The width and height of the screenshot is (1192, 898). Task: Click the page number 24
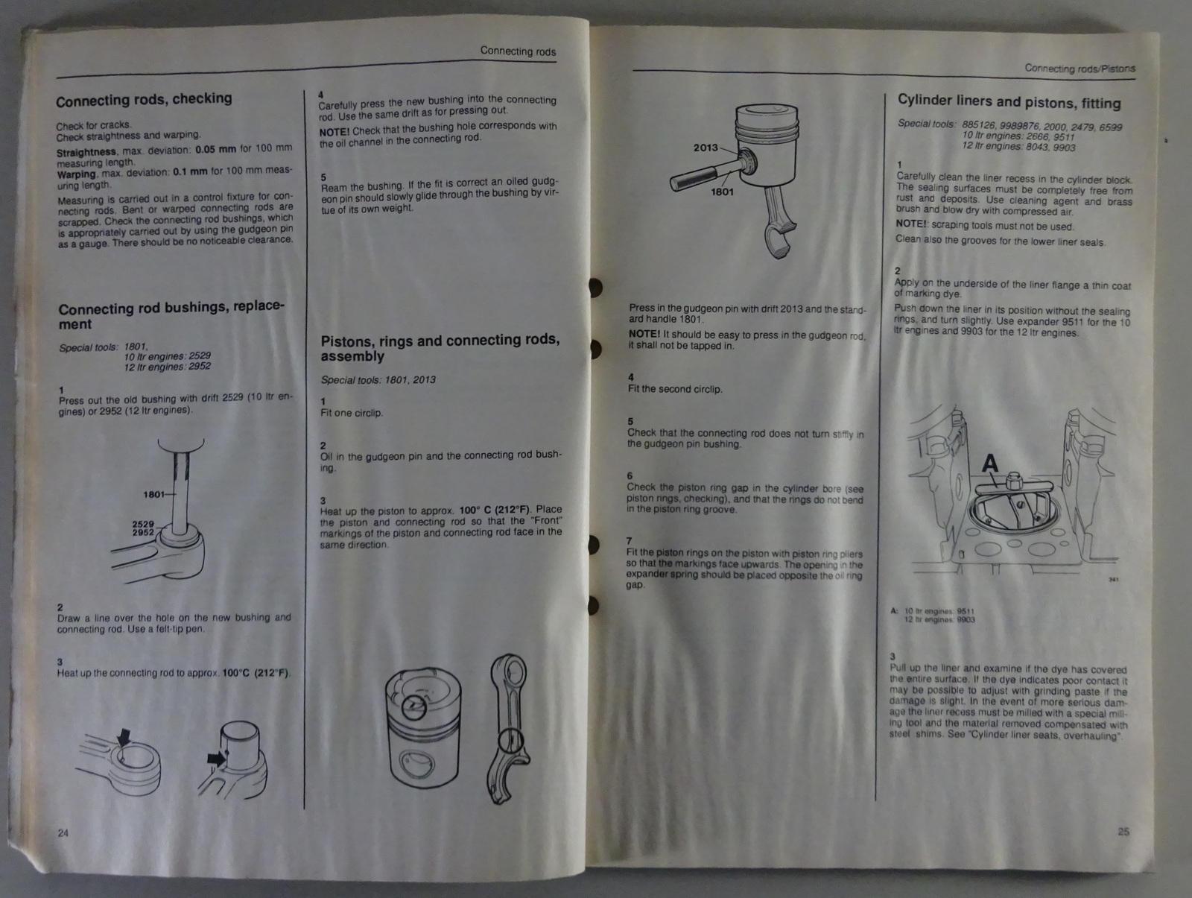coord(63,833)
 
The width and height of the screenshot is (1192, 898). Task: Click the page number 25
coord(1123,831)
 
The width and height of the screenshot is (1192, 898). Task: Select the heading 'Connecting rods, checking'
coord(144,100)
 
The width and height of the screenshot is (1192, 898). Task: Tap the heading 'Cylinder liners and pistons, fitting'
coord(1009,101)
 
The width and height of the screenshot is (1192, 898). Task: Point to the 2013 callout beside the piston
coord(706,148)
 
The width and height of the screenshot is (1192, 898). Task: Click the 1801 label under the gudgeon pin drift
coord(722,192)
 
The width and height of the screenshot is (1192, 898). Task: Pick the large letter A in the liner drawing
coord(990,464)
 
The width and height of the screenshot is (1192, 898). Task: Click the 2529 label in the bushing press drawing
coord(143,524)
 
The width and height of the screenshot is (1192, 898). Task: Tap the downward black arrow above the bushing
coord(124,737)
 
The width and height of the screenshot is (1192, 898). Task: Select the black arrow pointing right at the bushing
coord(216,759)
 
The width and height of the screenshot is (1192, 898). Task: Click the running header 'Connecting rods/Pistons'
coord(1080,69)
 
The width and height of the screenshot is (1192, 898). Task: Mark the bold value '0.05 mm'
coord(215,149)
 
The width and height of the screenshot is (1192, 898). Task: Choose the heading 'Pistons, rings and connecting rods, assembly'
coord(440,348)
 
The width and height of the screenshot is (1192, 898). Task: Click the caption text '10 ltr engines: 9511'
coord(939,611)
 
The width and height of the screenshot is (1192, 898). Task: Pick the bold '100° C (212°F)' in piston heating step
coord(494,510)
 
